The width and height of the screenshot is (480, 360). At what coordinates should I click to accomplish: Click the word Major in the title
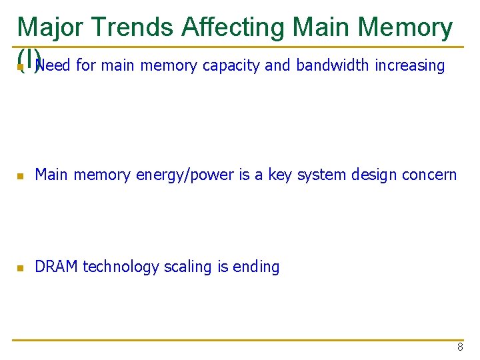[x=50, y=27]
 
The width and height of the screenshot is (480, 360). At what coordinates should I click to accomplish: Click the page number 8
[x=460, y=347]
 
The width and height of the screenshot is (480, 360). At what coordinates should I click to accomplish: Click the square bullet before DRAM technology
[x=21, y=268]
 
